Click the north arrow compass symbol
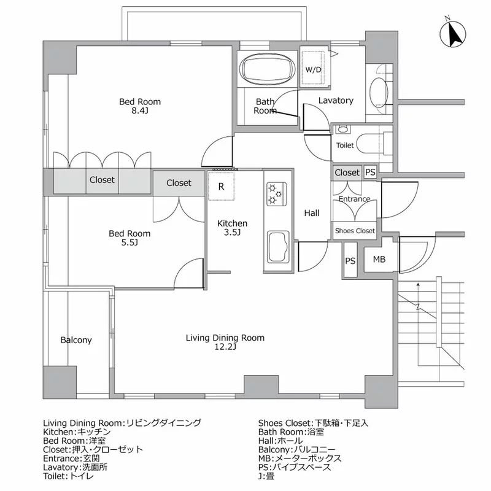(455, 34)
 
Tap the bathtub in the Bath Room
(265, 69)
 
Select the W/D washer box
(314, 69)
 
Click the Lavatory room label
(336, 100)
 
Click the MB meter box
(379, 260)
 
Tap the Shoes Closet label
(354, 231)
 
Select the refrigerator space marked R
(221, 187)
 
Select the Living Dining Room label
(225, 338)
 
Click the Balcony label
(76, 340)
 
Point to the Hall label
(312, 214)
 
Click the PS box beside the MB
(350, 261)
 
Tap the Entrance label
(354, 199)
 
